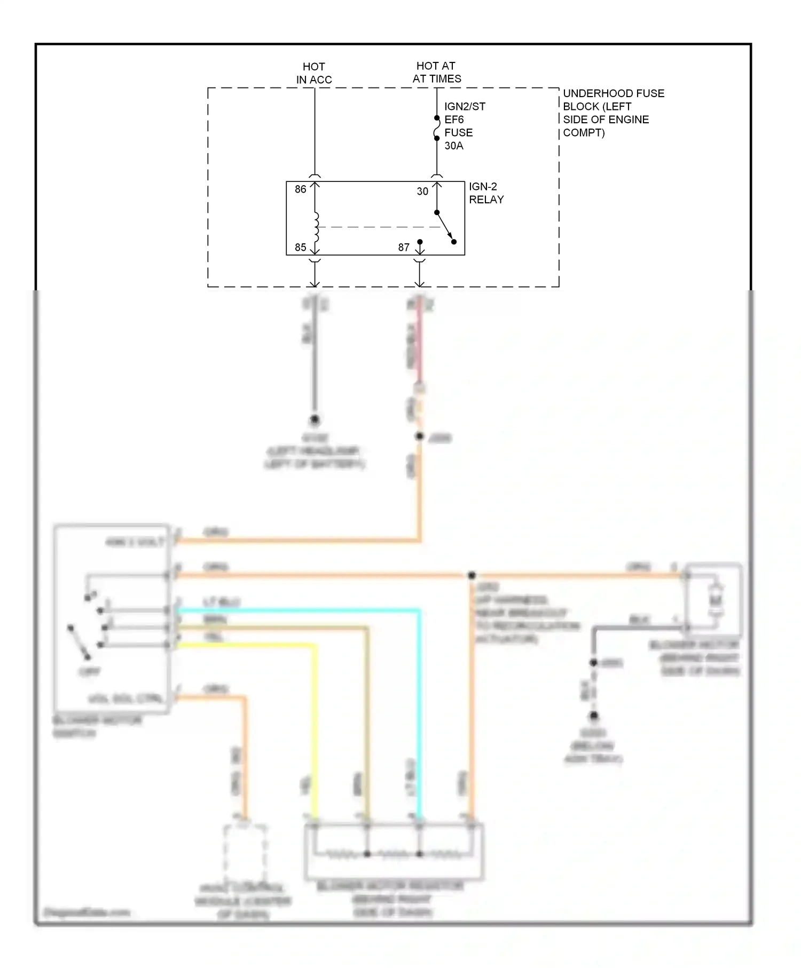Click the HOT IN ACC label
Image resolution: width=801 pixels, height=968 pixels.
314,73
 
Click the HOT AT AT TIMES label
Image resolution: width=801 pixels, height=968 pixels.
436,72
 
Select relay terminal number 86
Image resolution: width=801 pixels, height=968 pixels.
301,189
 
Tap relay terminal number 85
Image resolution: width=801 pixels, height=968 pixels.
301,248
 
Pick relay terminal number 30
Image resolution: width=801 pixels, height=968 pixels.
422,191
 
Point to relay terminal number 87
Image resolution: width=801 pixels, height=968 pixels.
404,248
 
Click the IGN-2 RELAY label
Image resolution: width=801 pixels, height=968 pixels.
486,193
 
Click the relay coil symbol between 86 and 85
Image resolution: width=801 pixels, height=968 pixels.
316,227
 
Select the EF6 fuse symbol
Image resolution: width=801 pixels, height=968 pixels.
437,128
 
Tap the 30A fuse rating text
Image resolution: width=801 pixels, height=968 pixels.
454,146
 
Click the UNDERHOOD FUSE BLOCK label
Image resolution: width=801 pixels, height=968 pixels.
613,113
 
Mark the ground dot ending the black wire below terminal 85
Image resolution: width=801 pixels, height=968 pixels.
315,419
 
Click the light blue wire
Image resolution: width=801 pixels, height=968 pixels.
420,694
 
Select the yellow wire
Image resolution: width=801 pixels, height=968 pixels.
315,720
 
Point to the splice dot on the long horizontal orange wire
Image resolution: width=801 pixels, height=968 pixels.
472,575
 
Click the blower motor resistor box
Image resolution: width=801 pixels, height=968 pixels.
394,852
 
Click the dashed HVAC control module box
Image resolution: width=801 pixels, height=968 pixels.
245,854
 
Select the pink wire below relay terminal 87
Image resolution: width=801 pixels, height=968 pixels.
420,342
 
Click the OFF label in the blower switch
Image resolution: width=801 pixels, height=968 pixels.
89,672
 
